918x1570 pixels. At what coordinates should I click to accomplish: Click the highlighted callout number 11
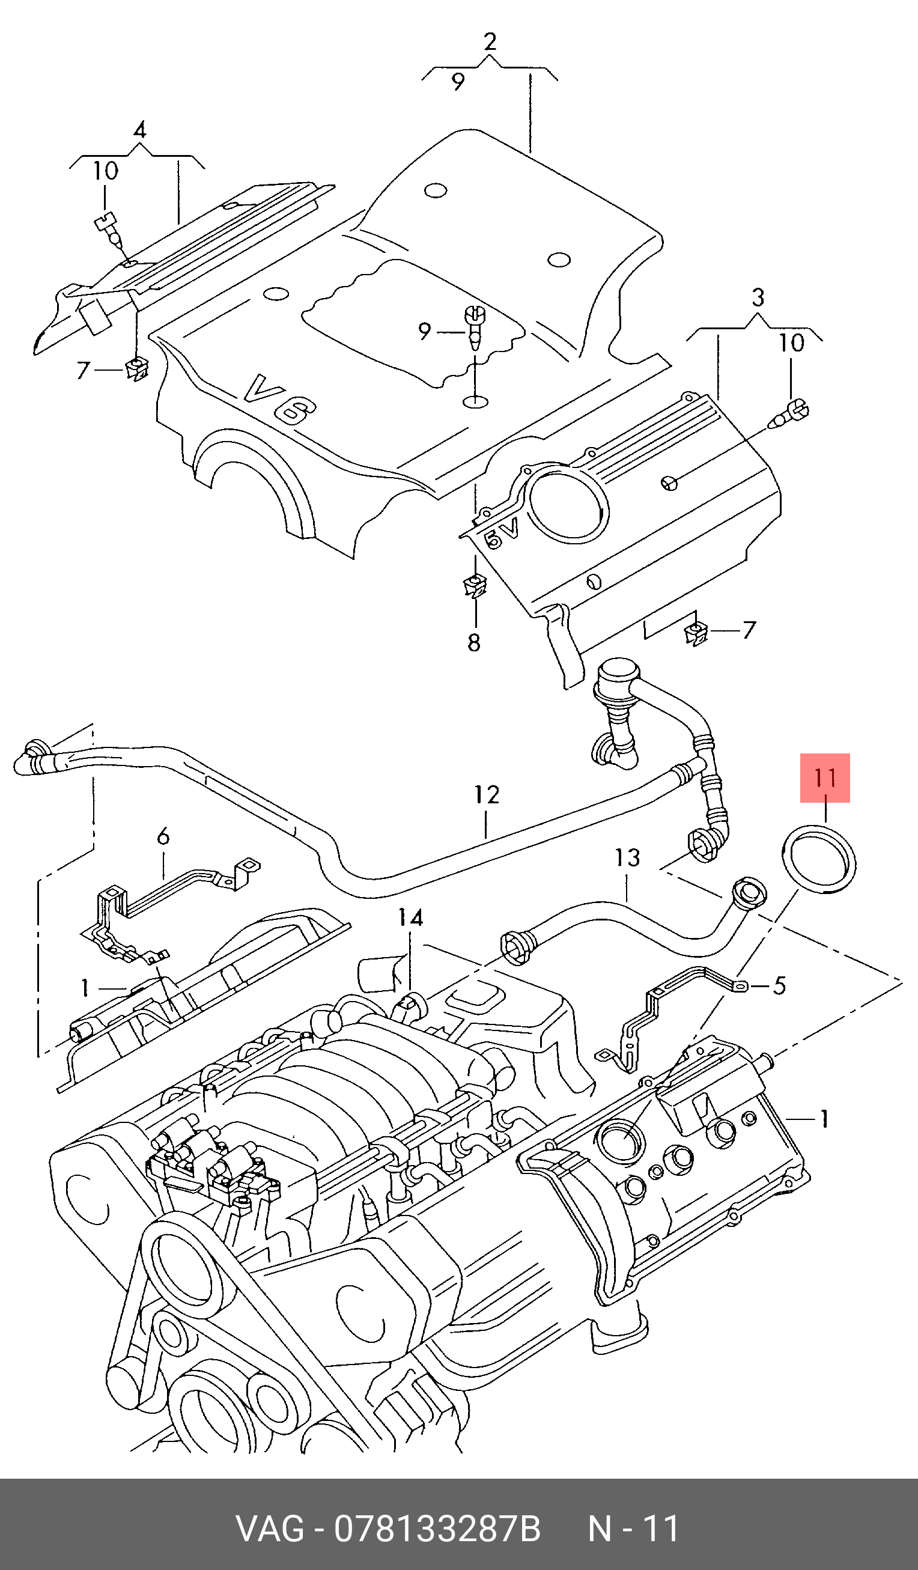(x=825, y=777)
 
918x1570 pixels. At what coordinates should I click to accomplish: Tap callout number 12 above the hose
(x=487, y=794)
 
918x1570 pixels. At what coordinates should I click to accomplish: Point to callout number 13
(x=627, y=857)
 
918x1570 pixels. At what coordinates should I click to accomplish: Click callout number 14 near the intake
(x=410, y=917)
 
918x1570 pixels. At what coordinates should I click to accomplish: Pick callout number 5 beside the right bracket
(x=779, y=985)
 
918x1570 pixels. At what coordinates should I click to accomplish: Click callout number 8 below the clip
(x=474, y=642)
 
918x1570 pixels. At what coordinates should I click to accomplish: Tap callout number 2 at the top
(x=490, y=41)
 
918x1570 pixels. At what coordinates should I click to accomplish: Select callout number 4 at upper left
(x=139, y=130)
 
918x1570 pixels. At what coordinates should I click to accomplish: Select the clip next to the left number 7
(x=137, y=370)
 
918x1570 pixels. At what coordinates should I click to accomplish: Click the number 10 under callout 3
(x=792, y=342)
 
